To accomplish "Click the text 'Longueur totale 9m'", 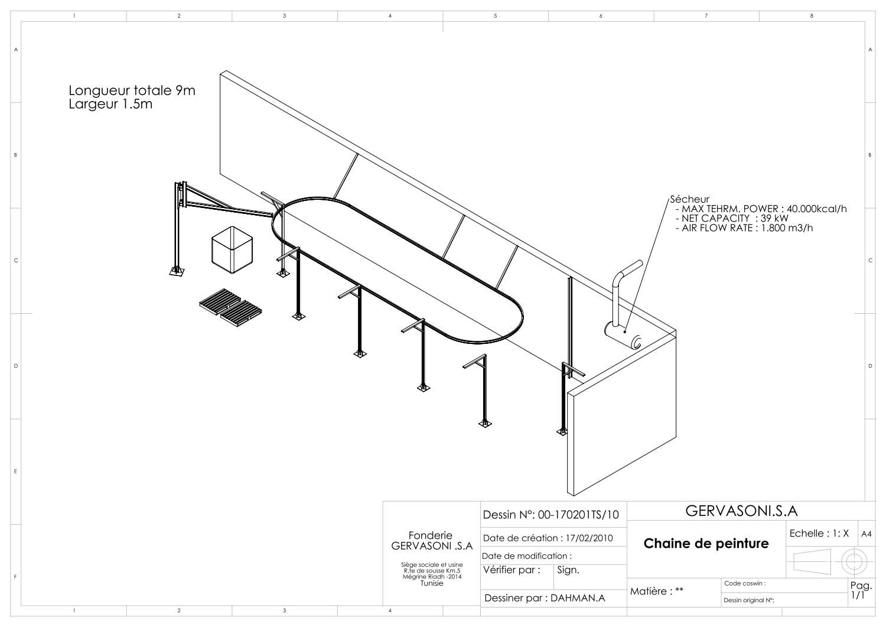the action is click(x=132, y=90).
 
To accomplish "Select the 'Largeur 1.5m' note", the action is click(x=110, y=104).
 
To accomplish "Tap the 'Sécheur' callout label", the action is click(x=689, y=199).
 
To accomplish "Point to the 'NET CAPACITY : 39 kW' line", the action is click(x=732, y=219).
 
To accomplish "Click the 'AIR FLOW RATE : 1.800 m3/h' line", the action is click(x=744, y=228).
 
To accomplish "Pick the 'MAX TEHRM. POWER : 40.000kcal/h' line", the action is click(x=761, y=209).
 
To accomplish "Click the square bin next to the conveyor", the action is click(x=232, y=250).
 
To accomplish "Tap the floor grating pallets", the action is click(x=230, y=308).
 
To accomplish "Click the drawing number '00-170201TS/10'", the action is click(x=578, y=515).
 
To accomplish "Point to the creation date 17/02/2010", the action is click(x=589, y=538).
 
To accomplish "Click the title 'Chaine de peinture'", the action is click(x=706, y=544).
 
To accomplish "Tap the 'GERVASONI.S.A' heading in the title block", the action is click(x=742, y=511).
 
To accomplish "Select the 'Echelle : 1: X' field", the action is click(x=819, y=534).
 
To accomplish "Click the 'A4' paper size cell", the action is click(x=867, y=534).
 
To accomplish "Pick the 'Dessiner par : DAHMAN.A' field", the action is click(x=545, y=598).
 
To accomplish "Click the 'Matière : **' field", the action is click(x=657, y=592).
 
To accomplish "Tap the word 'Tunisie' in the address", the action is click(x=432, y=583).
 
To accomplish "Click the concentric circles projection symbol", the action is click(x=854, y=561).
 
